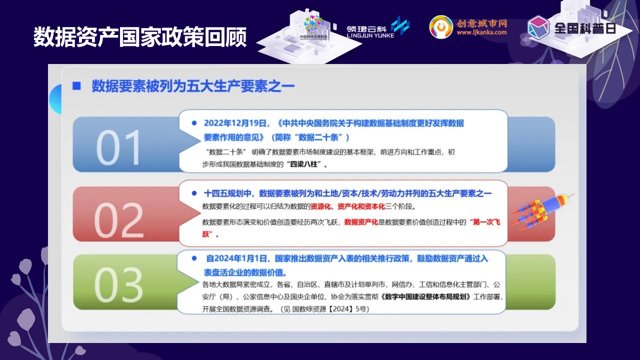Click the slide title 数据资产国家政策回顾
140,37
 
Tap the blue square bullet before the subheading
76,85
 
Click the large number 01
118,147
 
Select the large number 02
118,220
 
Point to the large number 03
118,285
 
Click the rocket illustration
541,211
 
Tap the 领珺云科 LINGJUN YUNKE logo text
370,31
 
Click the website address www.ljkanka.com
481,32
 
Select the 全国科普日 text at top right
585,28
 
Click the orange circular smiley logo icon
441,27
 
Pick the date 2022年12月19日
235,123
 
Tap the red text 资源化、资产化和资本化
347,206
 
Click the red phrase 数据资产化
361,222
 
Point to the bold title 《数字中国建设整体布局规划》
425,296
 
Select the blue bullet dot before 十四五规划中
194,193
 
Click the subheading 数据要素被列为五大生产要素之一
193,85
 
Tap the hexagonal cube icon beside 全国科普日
538,27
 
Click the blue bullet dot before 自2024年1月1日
194,258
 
